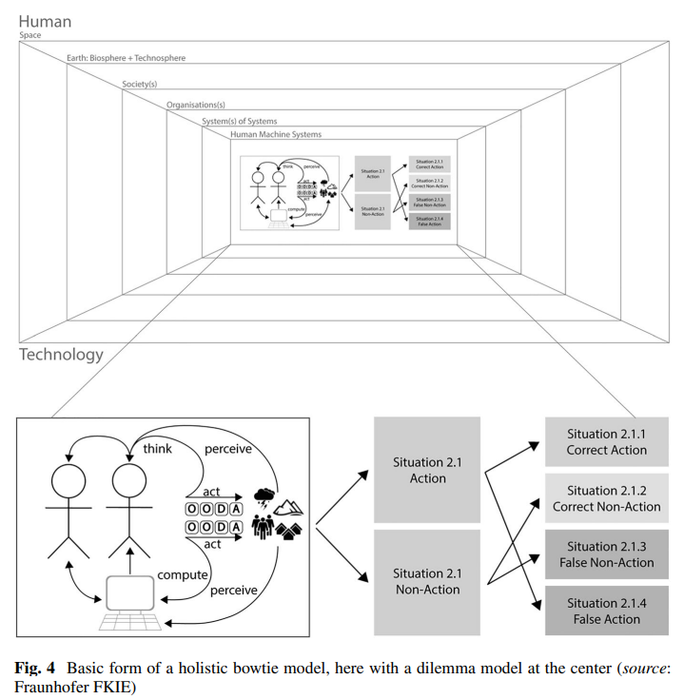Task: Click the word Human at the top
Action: click(45, 21)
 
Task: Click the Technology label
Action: click(61, 354)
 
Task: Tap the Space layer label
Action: click(30, 36)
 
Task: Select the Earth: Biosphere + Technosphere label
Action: click(126, 58)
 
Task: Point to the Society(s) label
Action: click(139, 85)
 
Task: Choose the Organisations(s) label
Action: click(203, 104)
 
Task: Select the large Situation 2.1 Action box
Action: click(427, 470)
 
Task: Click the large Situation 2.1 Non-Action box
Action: click(427, 581)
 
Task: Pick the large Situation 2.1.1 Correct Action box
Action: click(606, 442)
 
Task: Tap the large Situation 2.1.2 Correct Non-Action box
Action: click(606, 498)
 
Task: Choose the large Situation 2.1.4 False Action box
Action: click(606, 611)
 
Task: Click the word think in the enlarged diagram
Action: click(157, 449)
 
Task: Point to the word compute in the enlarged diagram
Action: click(182, 574)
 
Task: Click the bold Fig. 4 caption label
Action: click(36, 666)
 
